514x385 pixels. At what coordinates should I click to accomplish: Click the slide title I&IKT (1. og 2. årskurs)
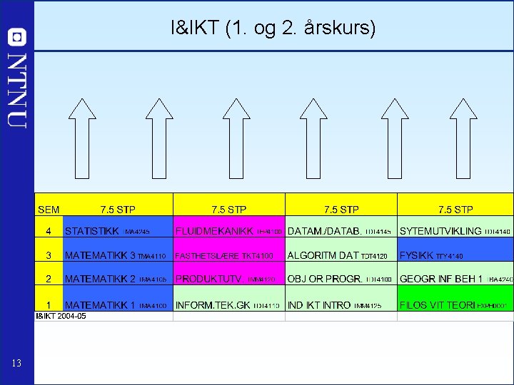coord(273,29)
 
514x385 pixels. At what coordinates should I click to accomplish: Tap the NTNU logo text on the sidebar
coord(17,90)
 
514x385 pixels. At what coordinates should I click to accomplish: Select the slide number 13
coord(17,364)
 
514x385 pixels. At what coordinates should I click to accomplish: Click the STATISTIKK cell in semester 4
coord(118,231)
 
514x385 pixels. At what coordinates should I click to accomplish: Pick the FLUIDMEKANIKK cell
coord(229,231)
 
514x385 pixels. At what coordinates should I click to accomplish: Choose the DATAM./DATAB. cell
coord(341,231)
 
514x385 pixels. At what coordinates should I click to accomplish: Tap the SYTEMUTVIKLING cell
coord(455,231)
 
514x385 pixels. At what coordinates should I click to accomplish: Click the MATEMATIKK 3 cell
coord(118,255)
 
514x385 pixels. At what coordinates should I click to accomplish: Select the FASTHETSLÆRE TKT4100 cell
coord(229,255)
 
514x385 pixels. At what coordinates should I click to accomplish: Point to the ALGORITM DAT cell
coord(341,255)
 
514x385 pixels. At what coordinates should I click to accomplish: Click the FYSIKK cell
coord(455,255)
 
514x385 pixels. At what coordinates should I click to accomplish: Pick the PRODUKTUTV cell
coord(229,279)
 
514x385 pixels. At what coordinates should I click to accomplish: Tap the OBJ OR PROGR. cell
coord(341,279)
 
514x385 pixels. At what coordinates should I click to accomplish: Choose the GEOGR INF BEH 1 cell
coord(455,279)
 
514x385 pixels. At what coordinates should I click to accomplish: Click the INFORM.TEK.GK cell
coord(229,304)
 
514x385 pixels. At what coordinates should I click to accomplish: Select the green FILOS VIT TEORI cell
coord(455,304)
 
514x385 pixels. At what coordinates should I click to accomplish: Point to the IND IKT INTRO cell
coord(341,304)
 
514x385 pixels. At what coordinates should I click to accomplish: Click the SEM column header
coord(49,210)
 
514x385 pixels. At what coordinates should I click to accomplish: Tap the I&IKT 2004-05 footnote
coord(61,316)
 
